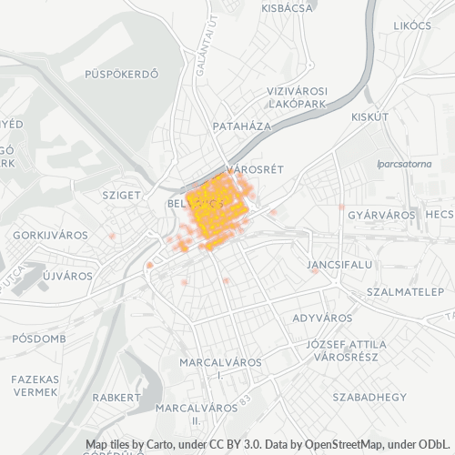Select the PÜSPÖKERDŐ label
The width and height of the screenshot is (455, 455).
[121, 74]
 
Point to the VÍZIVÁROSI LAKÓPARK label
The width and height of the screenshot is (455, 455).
[296, 98]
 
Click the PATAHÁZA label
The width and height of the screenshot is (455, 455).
[241, 126]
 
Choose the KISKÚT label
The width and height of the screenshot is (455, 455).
[370, 117]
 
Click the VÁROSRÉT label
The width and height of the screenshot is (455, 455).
[256, 170]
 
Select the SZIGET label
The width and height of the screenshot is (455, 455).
[122, 195]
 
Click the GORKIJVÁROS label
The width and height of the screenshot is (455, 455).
[51, 235]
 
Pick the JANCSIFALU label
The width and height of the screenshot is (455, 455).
[339, 264]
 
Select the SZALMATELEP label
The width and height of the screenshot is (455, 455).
[403, 292]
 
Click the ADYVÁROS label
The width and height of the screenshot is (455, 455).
[322, 318]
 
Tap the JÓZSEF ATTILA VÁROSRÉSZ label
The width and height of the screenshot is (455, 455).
[346, 351]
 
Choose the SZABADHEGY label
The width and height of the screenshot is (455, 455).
[369, 398]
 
